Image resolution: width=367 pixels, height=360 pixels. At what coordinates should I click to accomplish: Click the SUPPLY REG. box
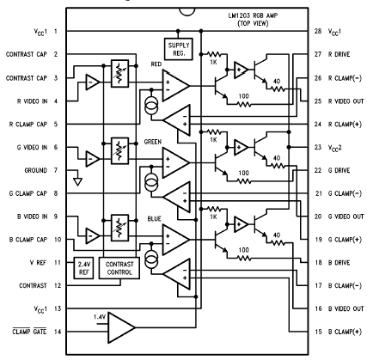tap(179, 49)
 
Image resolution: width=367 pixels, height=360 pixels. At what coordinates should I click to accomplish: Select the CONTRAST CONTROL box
tap(119, 268)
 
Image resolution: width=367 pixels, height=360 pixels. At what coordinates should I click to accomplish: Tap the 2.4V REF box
tap(84, 268)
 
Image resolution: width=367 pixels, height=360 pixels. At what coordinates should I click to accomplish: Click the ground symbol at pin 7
tap(77, 181)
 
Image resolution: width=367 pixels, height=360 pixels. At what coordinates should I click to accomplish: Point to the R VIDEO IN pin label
tap(32, 101)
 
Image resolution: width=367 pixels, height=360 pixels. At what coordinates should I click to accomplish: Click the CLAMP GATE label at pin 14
tap(29, 332)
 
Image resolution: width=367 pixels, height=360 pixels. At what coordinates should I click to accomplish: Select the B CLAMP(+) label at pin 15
tap(345, 332)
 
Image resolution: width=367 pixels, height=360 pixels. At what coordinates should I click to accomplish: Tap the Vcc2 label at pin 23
tap(335, 148)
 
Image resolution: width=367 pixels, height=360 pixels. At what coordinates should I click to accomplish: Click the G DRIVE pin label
tap(339, 170)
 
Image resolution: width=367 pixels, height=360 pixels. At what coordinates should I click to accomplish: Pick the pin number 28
tap(318, 31)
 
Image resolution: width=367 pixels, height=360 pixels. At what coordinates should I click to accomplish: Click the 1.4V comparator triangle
tap(121, 327)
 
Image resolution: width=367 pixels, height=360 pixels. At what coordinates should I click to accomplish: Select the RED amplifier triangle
tap(176, 86)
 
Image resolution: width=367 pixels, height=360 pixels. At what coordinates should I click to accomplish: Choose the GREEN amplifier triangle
tap(176, 162)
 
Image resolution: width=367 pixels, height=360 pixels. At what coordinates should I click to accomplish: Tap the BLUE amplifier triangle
tap(176, 240)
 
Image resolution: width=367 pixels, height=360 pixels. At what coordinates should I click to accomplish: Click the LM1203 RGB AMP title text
tap(253, 15)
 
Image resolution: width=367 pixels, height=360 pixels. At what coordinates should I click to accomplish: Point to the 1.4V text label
tap(100, 317)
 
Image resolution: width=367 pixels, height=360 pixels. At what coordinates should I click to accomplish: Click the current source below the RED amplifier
tap(151, 107)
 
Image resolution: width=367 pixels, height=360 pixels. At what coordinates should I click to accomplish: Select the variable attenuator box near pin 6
tap(119, 150)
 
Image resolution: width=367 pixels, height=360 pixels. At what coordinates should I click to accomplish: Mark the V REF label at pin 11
tap(38, 262)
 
